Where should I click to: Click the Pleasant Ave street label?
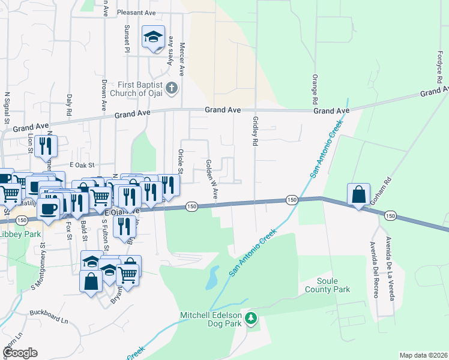136,12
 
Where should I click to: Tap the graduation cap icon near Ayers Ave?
153,37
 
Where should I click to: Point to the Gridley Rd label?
255,131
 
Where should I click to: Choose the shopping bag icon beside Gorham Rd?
358,195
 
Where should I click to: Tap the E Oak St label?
83,164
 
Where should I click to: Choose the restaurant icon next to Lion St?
46,145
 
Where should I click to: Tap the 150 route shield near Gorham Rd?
390,215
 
